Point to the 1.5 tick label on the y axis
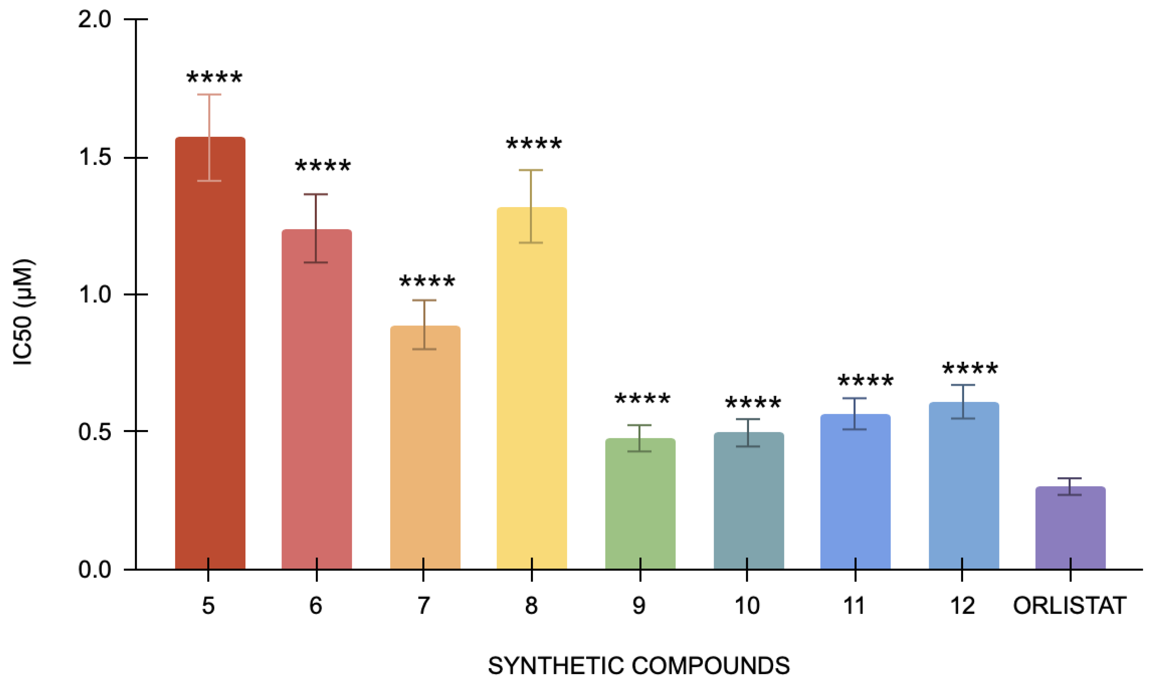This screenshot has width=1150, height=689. coord(95,157)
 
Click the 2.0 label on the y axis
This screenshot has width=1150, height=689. coord(95,19)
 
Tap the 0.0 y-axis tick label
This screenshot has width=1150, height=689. coord(95,569)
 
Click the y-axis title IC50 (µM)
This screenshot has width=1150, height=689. coord(23,312)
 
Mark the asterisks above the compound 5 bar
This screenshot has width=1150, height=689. coord(214,77)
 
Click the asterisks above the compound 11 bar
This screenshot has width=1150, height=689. coord(865,381)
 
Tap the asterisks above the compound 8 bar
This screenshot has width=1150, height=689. coord(533,144)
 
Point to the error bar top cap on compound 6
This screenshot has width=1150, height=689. coord(316,194)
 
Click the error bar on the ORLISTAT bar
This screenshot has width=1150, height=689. coord(1070,486)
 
